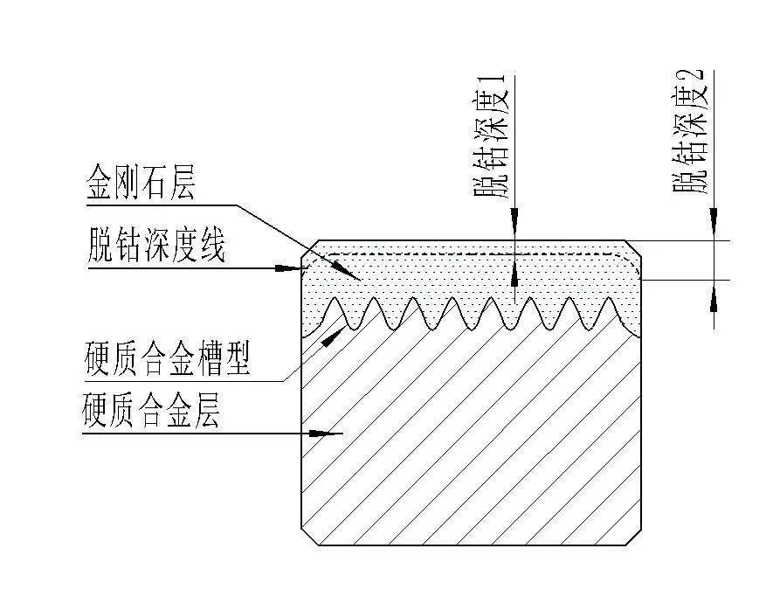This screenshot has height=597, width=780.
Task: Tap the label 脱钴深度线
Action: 156,247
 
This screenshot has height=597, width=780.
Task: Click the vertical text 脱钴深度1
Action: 492,137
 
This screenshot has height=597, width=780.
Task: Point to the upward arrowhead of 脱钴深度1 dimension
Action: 514,274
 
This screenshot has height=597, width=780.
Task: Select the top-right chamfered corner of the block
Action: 635,249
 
